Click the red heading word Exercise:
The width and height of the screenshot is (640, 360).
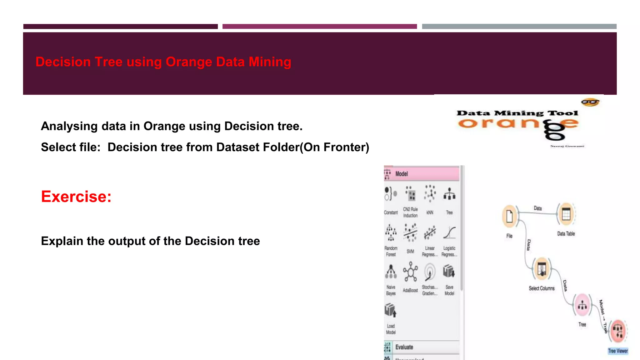(76, 197)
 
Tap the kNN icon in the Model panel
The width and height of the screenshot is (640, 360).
(430, 194)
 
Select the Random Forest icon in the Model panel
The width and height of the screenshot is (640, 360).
(391, 232)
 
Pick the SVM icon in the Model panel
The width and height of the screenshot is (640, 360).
(410, 232)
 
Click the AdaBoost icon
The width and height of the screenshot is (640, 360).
(410, 272)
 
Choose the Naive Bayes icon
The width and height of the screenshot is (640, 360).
(391, 272)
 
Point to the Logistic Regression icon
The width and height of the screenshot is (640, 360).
(449, 233)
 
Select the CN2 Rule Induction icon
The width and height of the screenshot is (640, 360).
(410, 194)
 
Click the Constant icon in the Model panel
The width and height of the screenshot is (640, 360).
(391, 194)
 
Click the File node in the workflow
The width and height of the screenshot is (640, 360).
(509, 216)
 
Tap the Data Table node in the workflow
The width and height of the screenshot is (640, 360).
(566, 214)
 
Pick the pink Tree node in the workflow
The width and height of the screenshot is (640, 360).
(582, 305)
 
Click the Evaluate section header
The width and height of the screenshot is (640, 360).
(404, 347)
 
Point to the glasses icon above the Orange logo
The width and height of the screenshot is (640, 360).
(590, 102)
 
